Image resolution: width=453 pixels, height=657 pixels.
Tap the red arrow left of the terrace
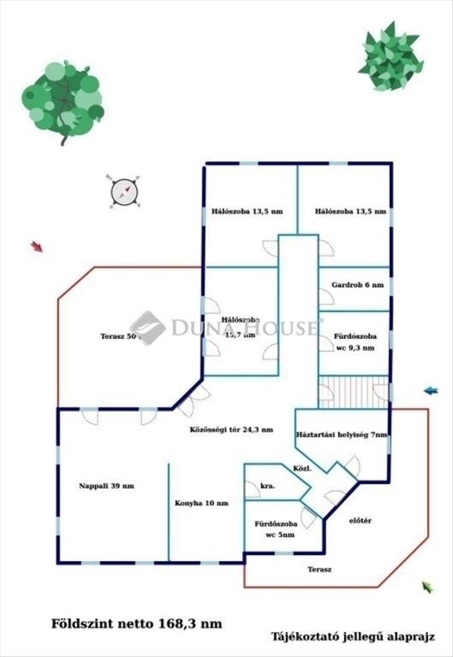tap(37, 246)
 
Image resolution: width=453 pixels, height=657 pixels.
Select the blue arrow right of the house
tap(431, 391)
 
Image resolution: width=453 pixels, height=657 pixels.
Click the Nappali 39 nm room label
tap(107, 486)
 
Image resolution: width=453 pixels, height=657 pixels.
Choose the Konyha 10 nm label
tap(202, 504)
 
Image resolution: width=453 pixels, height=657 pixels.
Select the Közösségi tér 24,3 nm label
tap(231, 430)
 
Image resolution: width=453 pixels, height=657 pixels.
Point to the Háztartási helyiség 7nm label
tap(342, 435)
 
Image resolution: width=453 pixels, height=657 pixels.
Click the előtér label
tap(360, 520)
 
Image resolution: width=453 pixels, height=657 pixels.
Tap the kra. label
tap(267, 487)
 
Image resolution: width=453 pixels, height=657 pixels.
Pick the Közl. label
tap(302, 469)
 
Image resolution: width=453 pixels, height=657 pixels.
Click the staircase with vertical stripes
tap(353, 392)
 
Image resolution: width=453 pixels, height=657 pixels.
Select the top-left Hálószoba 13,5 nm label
tap(247, 212)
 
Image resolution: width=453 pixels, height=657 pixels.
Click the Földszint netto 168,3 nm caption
tap(137, 623)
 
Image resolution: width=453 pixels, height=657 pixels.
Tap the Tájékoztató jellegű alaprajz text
tap(353, 637)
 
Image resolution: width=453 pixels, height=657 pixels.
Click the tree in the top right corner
tap(391, 56)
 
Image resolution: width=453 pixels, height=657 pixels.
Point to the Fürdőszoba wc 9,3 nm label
tap(354, 342)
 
